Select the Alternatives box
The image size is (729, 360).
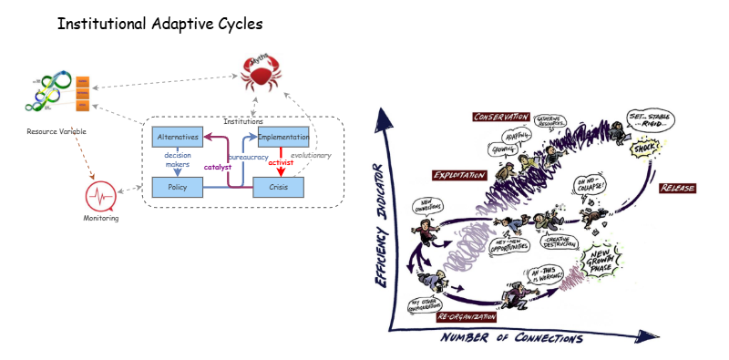(177, 137)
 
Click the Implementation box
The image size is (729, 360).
(283, 137)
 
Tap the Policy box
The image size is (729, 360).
(177, 188)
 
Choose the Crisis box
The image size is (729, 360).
(279, 188)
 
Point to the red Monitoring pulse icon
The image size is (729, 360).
(100, 196)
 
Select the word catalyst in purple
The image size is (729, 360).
(218, 167)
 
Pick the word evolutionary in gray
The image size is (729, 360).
(311, 156)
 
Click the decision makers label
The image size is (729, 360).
(177, 161)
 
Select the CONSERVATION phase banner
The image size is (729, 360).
(500, 117)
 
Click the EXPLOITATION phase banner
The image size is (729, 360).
(459, 175)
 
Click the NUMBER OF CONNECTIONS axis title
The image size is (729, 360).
(511, 338)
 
